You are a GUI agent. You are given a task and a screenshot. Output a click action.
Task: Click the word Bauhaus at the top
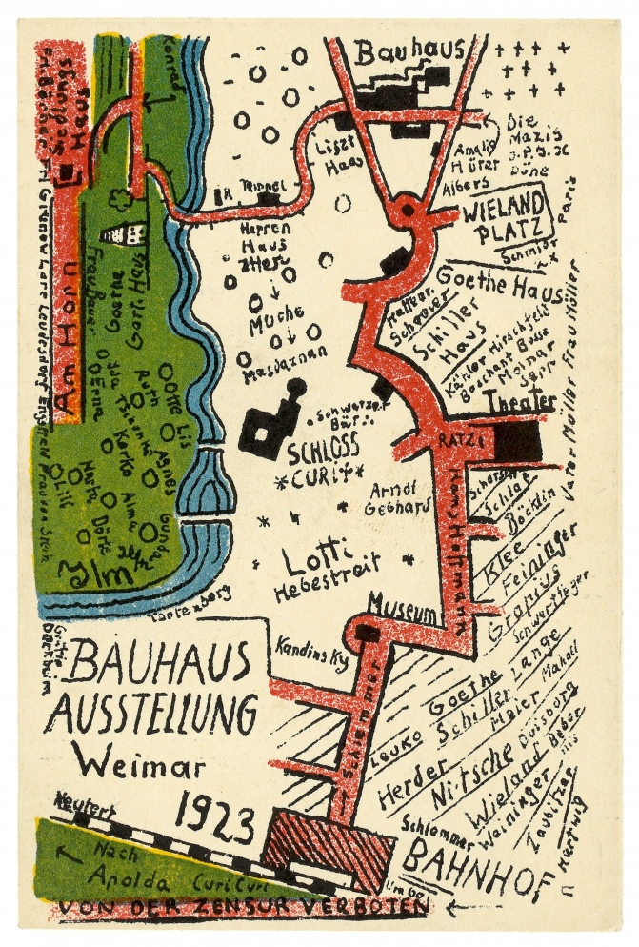tap(410, 51)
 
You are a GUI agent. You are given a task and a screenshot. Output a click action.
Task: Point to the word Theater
tap(519, 403)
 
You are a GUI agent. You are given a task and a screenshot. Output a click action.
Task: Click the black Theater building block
tap(518, 440)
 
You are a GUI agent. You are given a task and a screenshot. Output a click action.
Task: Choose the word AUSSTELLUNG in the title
tap(150, 713)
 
